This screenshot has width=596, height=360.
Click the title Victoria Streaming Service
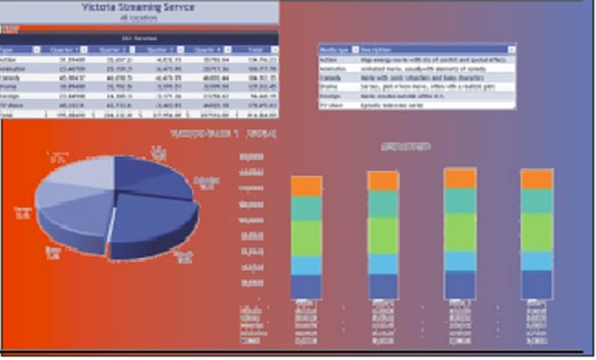139,7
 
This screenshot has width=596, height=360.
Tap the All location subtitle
139,17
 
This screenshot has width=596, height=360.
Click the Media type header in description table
336,50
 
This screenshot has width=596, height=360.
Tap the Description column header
377,50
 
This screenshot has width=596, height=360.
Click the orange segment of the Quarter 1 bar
307,185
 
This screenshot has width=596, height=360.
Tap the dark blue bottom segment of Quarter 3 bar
459,285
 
